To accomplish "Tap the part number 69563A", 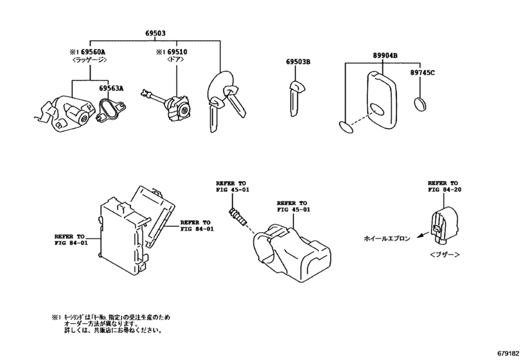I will [111, 89].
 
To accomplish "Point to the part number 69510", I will [175, 51].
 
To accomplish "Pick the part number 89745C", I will [423, 73].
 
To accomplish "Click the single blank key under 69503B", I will [295, 100].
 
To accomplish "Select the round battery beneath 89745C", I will [421, 104].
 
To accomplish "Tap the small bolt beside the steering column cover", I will [238, 215].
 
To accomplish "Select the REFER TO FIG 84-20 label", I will [444, 186].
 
